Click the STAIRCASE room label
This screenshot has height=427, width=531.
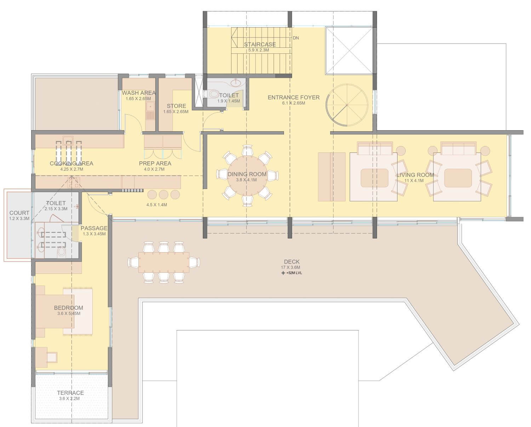click(x=260, y=45)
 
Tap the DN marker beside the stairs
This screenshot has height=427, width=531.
click(x=296, y=38)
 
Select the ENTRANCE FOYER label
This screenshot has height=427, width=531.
click(x=293, y=97)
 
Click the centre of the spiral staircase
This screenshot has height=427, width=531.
click(x=347, y=105)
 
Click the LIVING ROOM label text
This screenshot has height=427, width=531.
click(x=415, y=175)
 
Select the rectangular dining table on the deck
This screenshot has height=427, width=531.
click(x=164, y=262)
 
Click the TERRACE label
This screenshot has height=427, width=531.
click(x=70, y=393)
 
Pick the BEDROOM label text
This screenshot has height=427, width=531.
click(x=69, y=308)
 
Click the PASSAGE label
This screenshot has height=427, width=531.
click(x=94, y=228)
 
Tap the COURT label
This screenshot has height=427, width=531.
click(x=19, y=213)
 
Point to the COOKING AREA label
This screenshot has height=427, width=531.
click(x=72, y=163)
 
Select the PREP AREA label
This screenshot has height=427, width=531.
click(x=155, y=163)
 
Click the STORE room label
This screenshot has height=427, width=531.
click(x=176, y=106)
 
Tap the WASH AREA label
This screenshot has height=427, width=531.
click(x=139, y=93)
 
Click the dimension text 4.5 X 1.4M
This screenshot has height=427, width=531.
click(x=157, y=205)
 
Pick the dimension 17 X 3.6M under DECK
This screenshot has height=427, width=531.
click(x=290, y=267)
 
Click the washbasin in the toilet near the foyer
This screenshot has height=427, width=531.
click(x=236, y=82)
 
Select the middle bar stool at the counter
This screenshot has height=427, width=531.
click(x=164, y=195)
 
